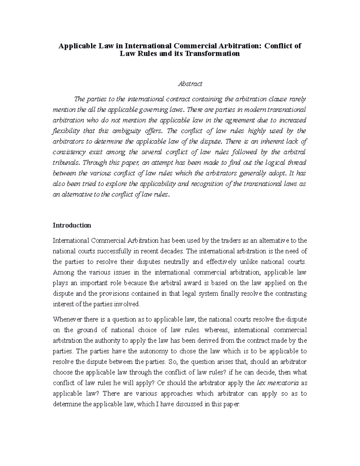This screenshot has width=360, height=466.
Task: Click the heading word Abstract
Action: tap(190, 84)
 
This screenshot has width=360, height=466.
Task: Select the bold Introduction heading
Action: tap(72, 225)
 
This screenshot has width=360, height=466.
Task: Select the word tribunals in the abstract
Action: tap(66, 163)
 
